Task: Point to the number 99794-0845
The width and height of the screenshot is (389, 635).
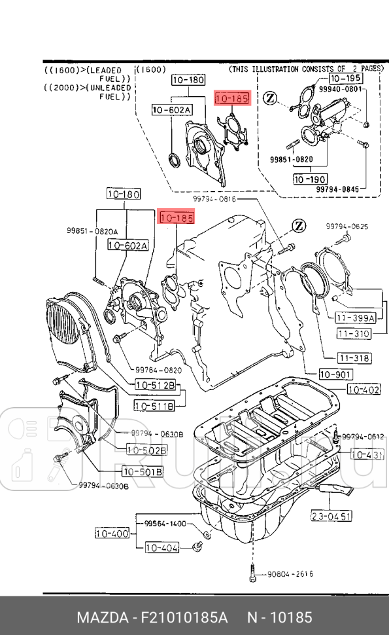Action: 337,189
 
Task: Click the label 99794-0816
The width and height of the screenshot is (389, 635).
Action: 214,198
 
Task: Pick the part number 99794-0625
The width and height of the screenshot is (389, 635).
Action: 347,227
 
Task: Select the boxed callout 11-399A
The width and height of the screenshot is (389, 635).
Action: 355,318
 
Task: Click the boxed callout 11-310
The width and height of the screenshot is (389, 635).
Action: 353,334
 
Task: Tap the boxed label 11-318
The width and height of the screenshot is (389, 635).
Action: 354,358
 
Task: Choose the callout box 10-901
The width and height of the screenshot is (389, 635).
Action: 335,374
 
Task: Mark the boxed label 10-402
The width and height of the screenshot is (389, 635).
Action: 364,390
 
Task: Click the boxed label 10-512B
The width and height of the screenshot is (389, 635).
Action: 155,386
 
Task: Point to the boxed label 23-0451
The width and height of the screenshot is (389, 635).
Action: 331,516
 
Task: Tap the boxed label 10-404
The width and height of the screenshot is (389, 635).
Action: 161,547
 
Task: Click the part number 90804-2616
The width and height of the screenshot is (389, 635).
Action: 290,574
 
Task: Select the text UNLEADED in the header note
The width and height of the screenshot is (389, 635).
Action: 105,87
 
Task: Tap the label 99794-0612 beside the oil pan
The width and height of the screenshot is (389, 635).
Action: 362,436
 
